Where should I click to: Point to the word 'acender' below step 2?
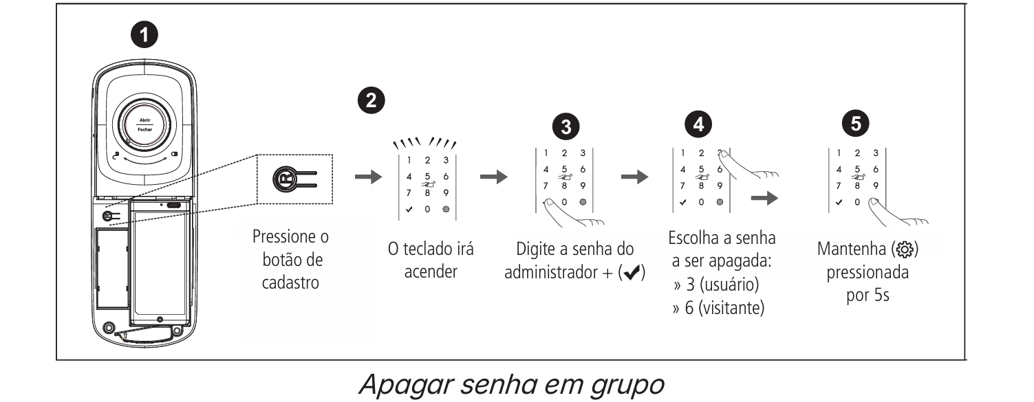click(x=431, y=271)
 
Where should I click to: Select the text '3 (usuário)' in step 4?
click(x=720, y=284)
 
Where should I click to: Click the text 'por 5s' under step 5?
click(x=868, y=297)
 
